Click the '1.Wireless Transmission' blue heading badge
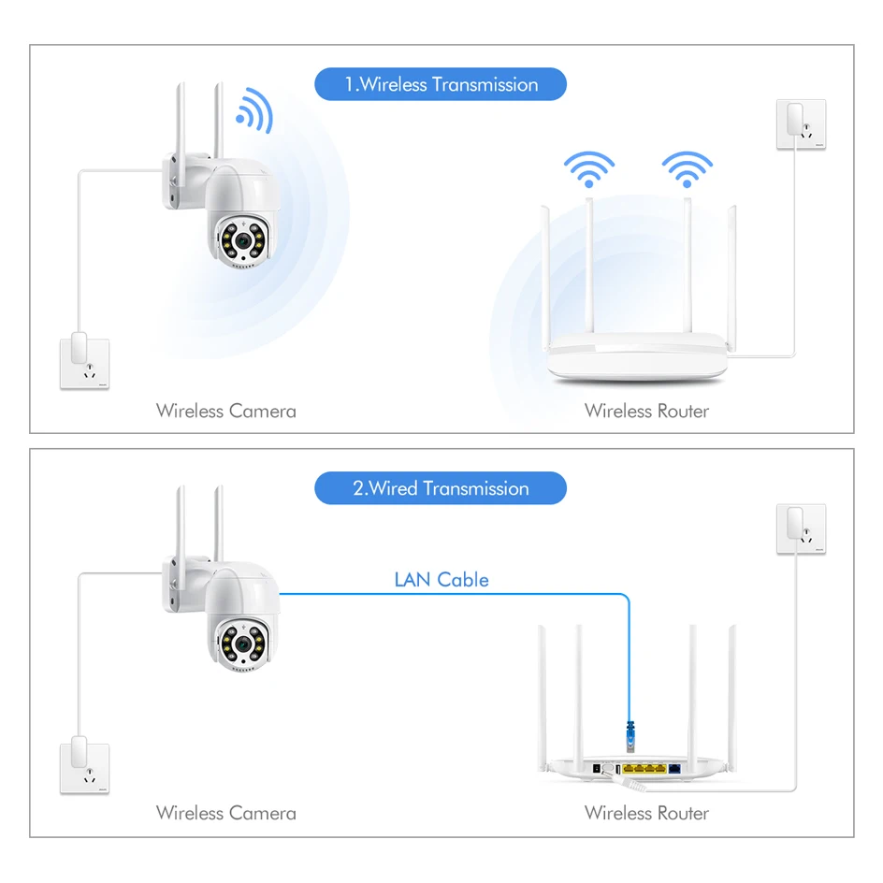pyautogui.click(x=441, y=84)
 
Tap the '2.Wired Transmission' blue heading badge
pyautogui.click(x=441, y=488)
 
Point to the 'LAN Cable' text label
pyautogui.click(x=441, y=580)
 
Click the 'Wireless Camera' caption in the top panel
pyautogui.click(x=226, y=411)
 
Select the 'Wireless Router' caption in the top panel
pyautogui.click(x=646, y=411)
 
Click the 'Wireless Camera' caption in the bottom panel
pyautogui.click(x=226, y=813)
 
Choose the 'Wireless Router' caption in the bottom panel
pyautogui.click(x=646, y=813)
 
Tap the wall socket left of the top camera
pyautogui.click(x=84, y=361)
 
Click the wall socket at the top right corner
pyautogui.click(x=801, y=123)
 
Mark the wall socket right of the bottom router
pyautogui.click(x=801, y=528)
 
